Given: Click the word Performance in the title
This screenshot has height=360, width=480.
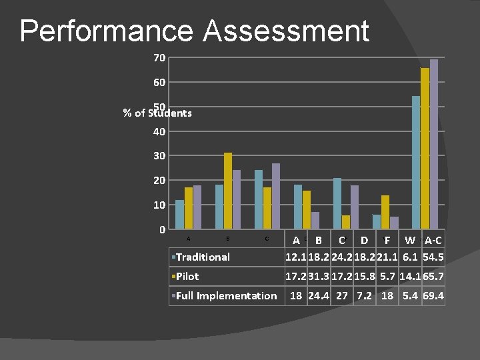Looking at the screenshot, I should point(107,31).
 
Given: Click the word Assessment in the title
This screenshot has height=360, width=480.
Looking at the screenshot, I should point(286,31).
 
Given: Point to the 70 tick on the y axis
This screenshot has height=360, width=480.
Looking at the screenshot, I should point(159,58).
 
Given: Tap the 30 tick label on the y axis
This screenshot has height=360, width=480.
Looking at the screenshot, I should point(159,155).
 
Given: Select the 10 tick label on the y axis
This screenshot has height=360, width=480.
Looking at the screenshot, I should point(159,205).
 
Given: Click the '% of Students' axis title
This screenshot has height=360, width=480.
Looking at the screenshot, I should point(158,113).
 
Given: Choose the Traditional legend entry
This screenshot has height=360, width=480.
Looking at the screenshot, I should point(203,257).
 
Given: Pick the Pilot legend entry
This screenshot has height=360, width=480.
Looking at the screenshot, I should point(187,276).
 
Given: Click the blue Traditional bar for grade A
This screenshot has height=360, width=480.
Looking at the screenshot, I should point(179,214).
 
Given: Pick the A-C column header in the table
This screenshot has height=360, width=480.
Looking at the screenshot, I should point(433,240).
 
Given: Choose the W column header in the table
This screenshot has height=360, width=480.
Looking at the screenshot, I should point(410,240).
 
